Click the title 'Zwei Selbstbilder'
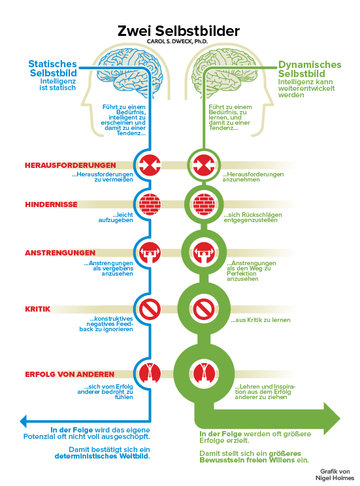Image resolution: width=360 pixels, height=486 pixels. coord(178,31)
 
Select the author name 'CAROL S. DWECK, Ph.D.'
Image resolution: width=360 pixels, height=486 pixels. coord(177,41)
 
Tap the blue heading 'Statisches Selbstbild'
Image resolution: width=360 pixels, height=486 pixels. coord(53,68)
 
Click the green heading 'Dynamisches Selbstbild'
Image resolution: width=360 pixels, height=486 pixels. coord(310,69)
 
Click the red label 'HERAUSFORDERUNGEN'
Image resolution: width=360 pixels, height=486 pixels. coord(71,165)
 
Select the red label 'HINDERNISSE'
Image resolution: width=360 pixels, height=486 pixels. coord(51,204)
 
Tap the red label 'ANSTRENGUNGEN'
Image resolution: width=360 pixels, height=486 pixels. coord(60,253)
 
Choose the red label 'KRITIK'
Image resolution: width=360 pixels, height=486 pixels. coord(37,309)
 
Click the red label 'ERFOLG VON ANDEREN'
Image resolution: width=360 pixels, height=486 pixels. coord(70,374)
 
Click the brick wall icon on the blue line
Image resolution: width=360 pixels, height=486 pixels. coord(150,204)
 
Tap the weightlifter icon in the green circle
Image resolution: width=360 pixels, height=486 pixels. coord(204,253)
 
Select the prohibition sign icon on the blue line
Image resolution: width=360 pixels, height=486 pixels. coord(150,310)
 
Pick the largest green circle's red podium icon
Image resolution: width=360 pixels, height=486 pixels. coord(204,374)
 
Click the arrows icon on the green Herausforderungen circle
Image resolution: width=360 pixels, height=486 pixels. coord(204,165)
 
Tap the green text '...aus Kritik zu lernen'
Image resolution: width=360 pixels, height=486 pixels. coord(261,320)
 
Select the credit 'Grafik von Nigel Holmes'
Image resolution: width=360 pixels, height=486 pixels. coord(335,475)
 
